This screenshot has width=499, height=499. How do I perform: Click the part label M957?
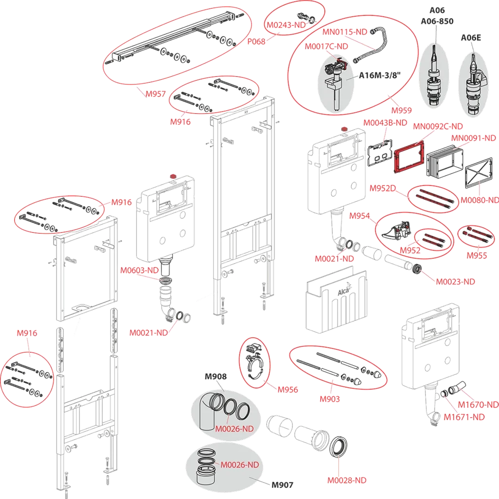pyautogui.click(x=156, y=93)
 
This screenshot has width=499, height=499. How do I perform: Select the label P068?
pyautogui.click(x=256, y=42)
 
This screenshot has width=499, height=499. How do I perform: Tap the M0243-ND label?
pyautogui.click(x=286, y=25)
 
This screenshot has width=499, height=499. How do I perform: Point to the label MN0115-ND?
pyautogui.click(x=345, y=32)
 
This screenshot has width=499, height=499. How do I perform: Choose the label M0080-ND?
pyautogui.click(x=480, y=200)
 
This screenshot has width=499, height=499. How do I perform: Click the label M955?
pyautogui.click(x=477, y=256)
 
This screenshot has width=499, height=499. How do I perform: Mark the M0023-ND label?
pyautogui.click(x=455, y=281)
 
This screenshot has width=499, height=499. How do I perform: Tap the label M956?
pyautogui.click(x=288, y=389)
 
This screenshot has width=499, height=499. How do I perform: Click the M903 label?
pyautogui.click(x=330, y=399)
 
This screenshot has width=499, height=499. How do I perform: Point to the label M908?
pyautogui.click(x=215, y=376)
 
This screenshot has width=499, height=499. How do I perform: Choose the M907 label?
pyautogui.click(x=282, y=485)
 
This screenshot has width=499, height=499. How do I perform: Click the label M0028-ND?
pyautogui.click(x=346, y=480)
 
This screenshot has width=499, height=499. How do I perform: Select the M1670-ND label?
pyautogui.click(x=478, y=404)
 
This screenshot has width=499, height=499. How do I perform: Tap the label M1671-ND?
pyautogui.click(x=464, y=417)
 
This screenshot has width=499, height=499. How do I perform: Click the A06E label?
pyautogui.click(x=471, y=38)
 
